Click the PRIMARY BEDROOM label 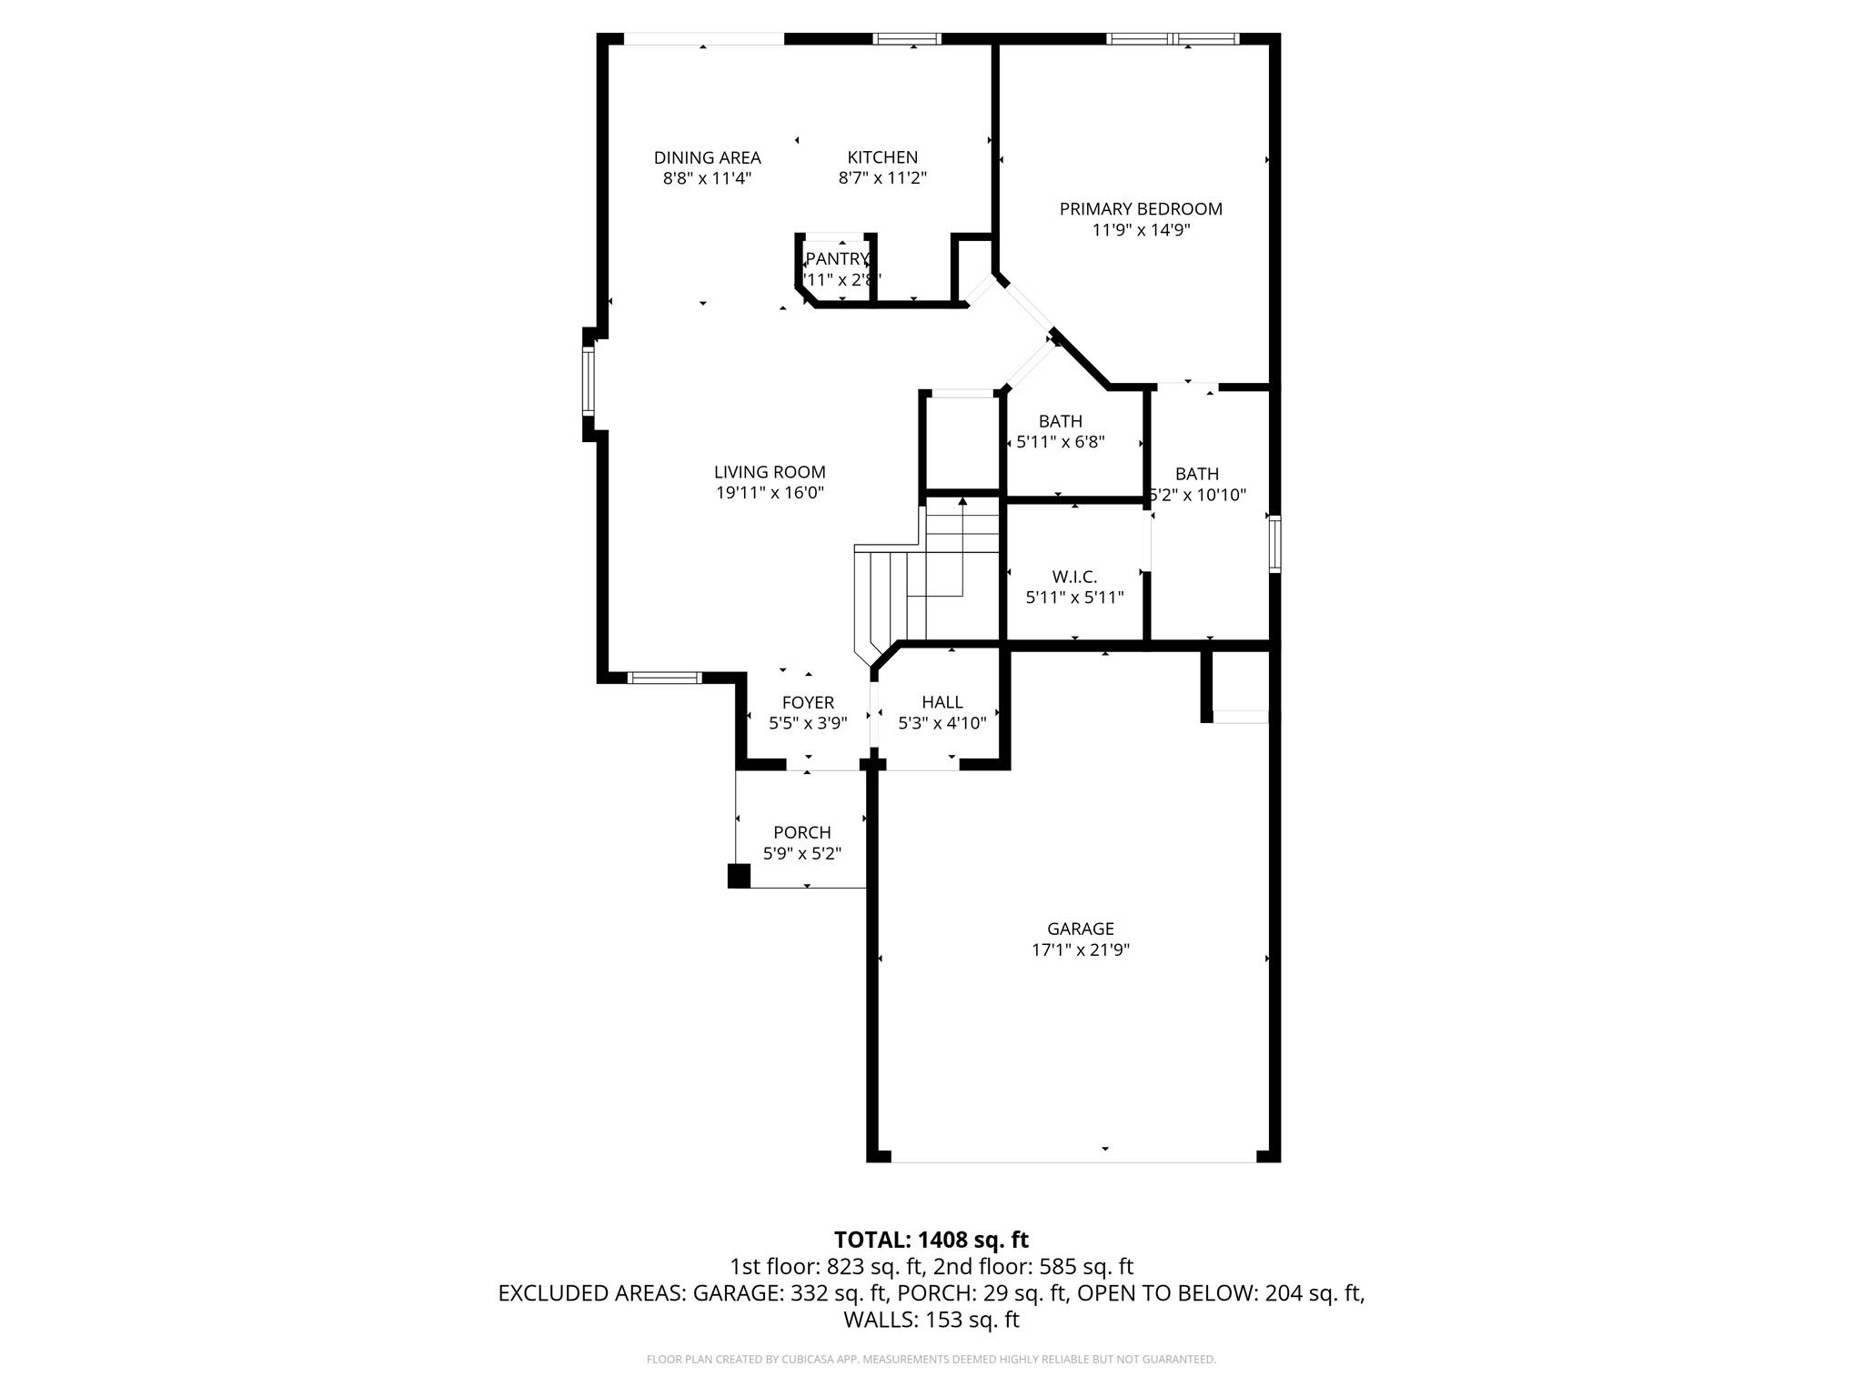[x=1141, y=209]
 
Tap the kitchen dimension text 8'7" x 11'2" [x=881, y=178]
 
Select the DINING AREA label [x=707, y=157]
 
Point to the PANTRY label [x=837, y=259]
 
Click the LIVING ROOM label [x=770, y=472]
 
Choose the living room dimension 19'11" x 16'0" [x=770, y=493]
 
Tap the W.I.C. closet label [x=1074, y=577]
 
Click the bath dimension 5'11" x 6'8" [x=1060, y=442]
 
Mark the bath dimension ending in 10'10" [x=1198, y=495]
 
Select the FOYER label [x=808, y=702]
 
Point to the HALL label [x=942, y=702]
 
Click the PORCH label [x=801, y=832]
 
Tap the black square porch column [x=739, y=876]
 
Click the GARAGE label [x=1080, y=929]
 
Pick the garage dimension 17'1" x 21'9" [x=1080, y=950]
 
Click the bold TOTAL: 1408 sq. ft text [x=931, y=1240]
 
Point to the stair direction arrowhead [x=962, y=501]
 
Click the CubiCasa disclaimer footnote [x=931, y=1360]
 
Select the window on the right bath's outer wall [x=1274, y=544]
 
